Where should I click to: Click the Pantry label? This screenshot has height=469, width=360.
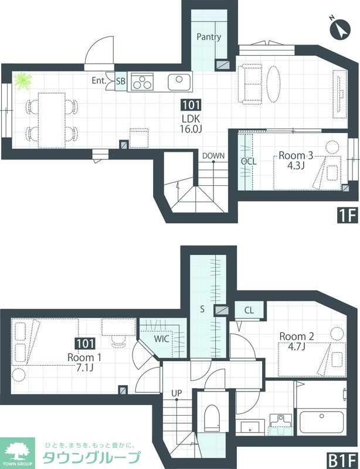pos(209,37)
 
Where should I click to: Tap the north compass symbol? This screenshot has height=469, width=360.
pos(339,29)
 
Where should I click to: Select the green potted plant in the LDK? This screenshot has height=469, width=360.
pos(23,81)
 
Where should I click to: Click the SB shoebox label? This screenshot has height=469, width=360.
pos(121,81)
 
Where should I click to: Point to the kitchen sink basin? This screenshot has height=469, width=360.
pos(179,82)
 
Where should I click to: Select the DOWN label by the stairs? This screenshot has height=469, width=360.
pos(213,155)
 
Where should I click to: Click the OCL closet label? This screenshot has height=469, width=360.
pos(249,162)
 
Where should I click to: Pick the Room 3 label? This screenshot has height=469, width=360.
pos(296,155)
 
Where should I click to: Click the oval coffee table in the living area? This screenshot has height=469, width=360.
pos(273,84)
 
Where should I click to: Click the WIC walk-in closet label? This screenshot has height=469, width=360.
pos(162,339)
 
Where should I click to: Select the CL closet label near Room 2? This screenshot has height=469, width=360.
pos(249,310)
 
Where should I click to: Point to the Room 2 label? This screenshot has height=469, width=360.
pos(297,337)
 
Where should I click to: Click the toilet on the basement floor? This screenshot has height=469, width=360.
pos(212,418)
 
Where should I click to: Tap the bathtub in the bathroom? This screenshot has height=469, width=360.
pos(321,422)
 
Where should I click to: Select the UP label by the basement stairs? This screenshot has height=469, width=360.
pos(176,393)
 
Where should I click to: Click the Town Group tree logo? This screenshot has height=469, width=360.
pos(17,451)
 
